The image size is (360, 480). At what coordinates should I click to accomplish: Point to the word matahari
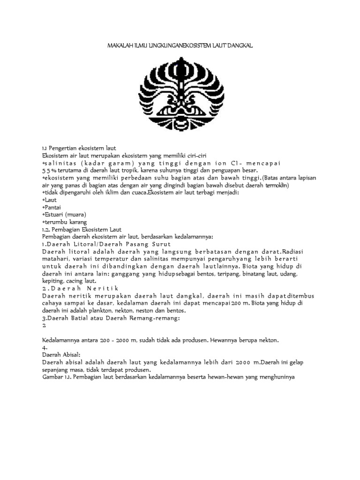point(55,259)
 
